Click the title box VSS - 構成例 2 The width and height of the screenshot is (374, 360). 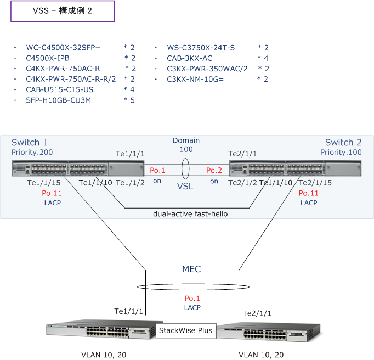[63, 11]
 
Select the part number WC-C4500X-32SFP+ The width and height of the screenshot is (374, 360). [63, 48]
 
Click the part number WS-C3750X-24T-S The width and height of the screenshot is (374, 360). [201, 48]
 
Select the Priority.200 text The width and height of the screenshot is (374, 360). [32, 152]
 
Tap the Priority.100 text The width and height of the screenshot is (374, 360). [341, 152]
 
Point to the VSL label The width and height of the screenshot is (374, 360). [185, 187]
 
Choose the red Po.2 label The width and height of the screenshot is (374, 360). [214, 171]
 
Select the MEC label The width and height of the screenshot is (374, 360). [191, 269]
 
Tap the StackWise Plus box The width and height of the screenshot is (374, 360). [185, 330]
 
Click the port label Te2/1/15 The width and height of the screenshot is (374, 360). [315, 183]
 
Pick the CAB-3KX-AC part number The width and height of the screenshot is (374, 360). [190, 58]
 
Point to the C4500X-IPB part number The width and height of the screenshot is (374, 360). [48, 58]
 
